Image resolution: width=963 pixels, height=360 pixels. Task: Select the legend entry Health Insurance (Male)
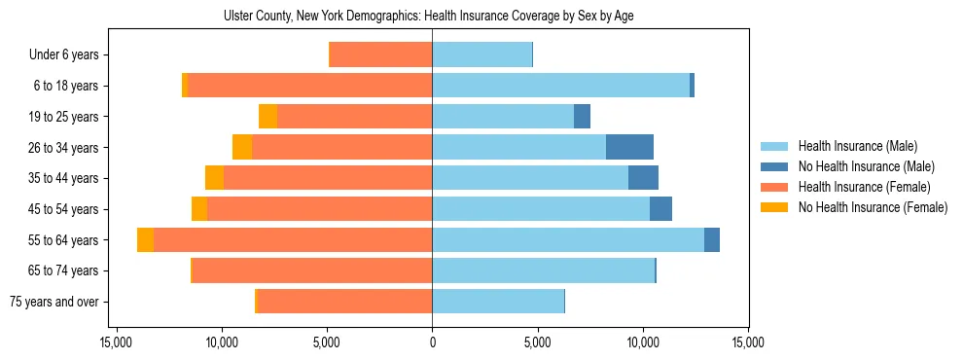click(857, 146)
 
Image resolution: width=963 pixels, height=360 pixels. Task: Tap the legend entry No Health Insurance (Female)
click(873, 207)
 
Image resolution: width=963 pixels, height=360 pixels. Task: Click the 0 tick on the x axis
click(432, 343)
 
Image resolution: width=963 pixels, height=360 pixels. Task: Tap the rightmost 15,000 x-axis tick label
click(748, 343)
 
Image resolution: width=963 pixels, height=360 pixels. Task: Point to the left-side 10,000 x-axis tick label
click(222, 343)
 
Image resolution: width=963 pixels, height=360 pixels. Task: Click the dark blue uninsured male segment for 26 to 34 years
click(629, 147)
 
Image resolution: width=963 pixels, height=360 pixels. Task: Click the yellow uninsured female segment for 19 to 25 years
click(267, 117)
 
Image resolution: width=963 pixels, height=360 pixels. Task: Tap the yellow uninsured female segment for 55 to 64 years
click(145, 239)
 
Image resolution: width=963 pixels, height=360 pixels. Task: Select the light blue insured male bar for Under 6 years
click(481, 55)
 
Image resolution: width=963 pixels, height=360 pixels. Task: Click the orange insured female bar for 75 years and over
click(344, 302)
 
